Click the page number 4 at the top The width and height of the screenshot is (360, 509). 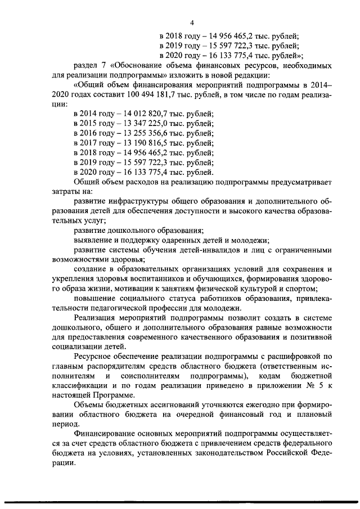192,22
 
